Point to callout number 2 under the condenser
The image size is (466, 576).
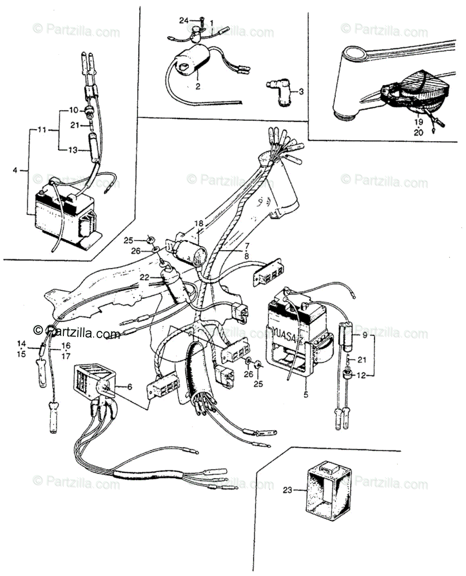coord(198,87)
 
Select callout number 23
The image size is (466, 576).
coord(287,490)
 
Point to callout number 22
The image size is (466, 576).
coord(144,277)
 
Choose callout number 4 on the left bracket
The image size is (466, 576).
coord(15,170)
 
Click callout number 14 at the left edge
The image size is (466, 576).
coord(21,343)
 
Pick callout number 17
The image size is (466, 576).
coord(66,356)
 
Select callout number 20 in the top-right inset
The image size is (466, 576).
coord(418,133)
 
